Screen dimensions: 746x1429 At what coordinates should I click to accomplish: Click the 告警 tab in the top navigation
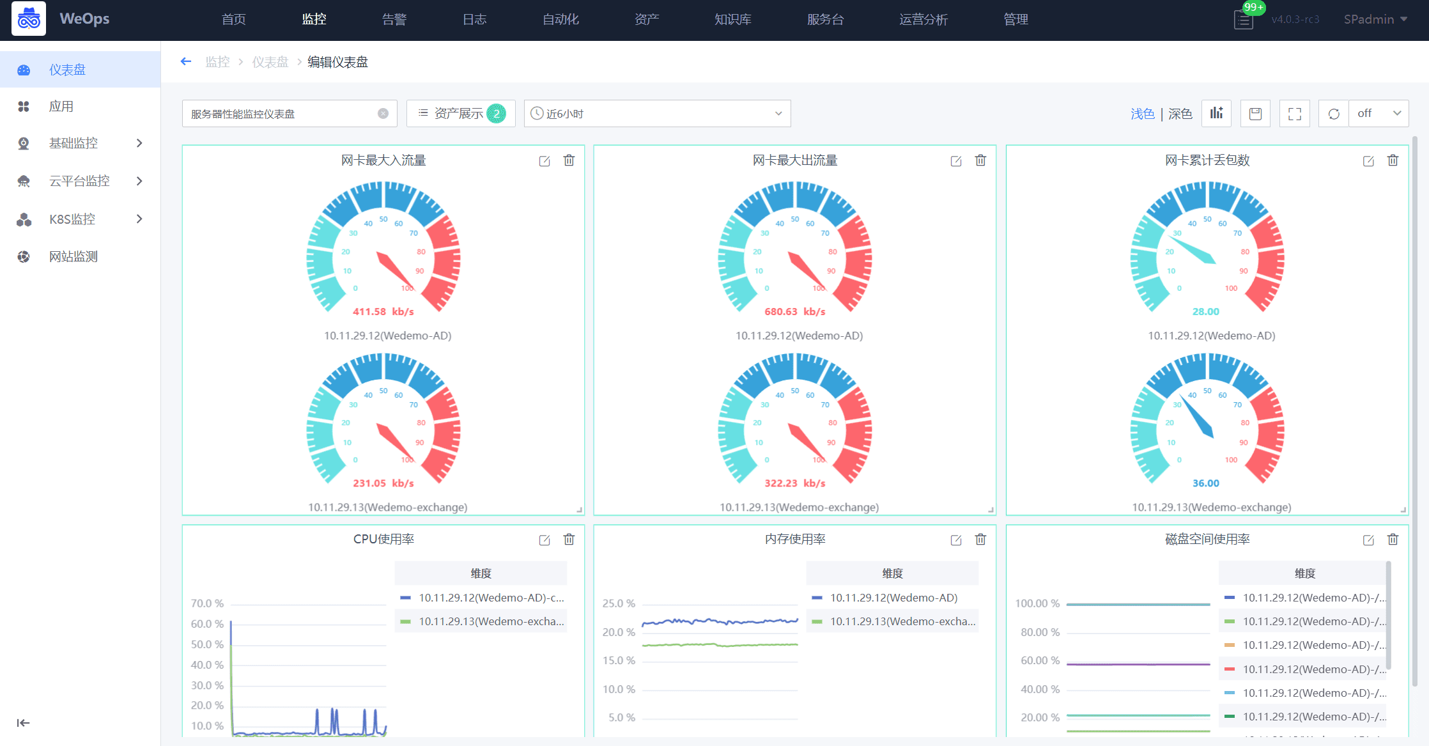(394, 19)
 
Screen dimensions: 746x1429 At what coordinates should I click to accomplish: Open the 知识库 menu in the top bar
(732, 19)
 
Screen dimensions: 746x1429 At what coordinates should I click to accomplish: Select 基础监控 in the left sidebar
(73, 143)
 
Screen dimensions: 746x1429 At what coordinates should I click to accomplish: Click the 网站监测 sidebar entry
(73, 256)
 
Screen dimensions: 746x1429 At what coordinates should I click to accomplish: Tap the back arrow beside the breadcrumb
(186, 61)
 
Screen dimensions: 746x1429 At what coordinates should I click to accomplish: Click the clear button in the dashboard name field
(383, 114)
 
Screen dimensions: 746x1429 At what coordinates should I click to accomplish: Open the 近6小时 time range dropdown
(657, 114)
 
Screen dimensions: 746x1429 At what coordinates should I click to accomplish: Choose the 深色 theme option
(1180, 114)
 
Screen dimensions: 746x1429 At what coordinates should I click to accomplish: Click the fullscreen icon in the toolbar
(1294, 114)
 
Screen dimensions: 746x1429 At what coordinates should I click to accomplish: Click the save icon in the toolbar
(1255, 114)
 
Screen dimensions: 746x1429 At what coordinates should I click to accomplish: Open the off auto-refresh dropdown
(1379, 114)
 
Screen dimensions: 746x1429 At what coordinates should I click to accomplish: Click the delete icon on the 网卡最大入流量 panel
(569, 160)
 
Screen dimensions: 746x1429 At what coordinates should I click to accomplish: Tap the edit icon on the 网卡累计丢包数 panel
(1368, 161)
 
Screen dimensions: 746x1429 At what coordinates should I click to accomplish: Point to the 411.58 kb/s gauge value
(383, 312)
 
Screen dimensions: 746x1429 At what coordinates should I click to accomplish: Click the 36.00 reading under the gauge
(1206, 483)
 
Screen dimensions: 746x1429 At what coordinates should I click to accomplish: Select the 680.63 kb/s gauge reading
(795, 312)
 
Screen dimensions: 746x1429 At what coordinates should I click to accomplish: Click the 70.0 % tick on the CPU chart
(207, 603)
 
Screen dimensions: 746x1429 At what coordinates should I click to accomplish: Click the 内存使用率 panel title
(795, 539)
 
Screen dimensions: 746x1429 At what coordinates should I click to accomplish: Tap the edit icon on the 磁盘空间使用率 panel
(1368, 540)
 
